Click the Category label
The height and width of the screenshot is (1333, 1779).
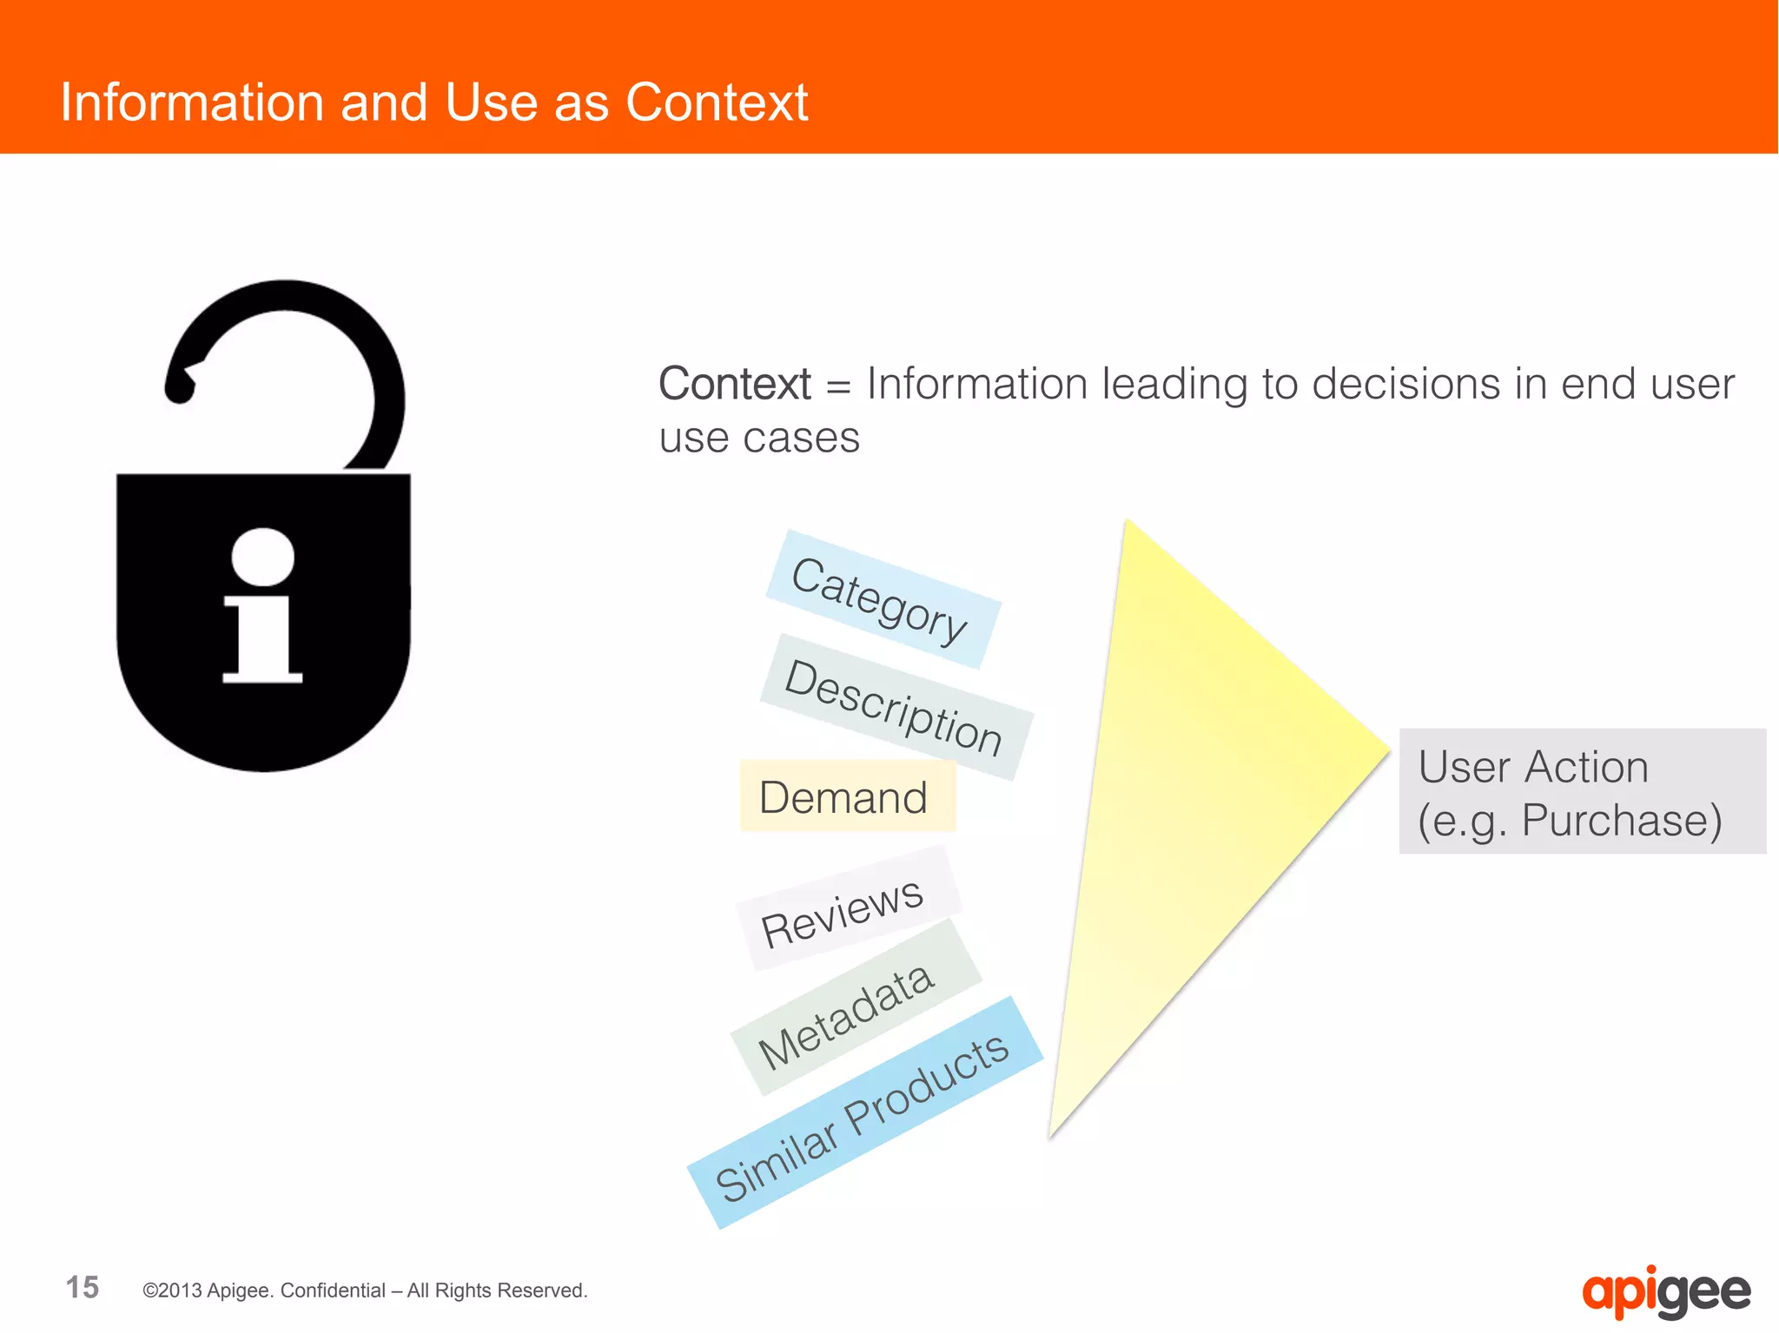pyautogui.click(x=882, y=600)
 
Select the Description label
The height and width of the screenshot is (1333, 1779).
pyautogui.click(x=895, y=706)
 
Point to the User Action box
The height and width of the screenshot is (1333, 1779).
pyautogui.click(x=1581, y=791)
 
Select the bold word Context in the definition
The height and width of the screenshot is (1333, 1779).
pyautogui.click(x=734, y=384)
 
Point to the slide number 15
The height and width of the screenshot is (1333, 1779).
pyautogui.click(x=83, y=1287)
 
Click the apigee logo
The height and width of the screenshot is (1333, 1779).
pyautogui.click(x=1665, y=1292)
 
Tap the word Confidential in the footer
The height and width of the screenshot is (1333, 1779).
pyautogui.click(x=333, y=1290)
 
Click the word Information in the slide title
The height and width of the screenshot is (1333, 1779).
pyautogui.click(x=191, y=102)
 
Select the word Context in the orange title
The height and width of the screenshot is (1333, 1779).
pyautogui.click(x=717, y=102)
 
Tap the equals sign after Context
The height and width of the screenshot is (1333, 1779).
pyautogui.click(x=838, y=386)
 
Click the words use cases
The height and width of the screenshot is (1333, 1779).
pyautogui.click(x=758, y=438)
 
